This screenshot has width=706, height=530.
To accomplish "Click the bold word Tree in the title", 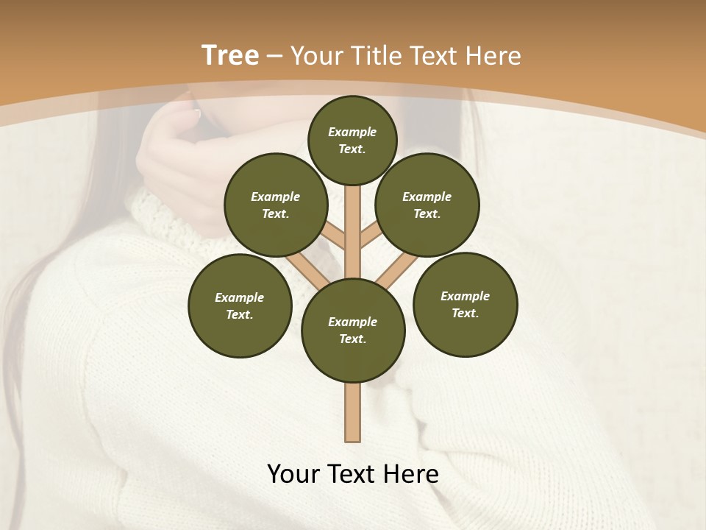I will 230,56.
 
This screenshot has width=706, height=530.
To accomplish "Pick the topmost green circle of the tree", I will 352,140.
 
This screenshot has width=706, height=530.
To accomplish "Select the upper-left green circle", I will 276,205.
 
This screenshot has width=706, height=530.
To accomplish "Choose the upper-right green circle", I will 427,205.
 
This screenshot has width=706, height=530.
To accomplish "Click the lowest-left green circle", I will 240,305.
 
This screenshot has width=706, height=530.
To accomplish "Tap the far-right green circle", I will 465,304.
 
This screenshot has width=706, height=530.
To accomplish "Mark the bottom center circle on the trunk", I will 353,330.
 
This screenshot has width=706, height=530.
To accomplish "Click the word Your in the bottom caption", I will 293,474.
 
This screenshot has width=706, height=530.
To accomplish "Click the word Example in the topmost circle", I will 352,132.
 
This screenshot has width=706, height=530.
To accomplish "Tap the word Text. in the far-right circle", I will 465,313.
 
